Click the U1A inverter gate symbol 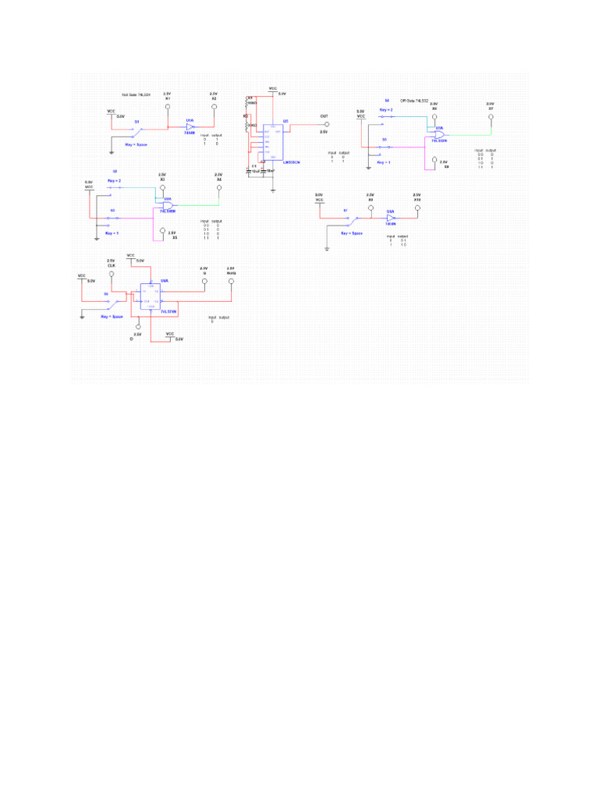190,126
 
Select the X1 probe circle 168,108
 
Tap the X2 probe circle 213,108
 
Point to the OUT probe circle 326,125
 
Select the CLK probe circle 112,275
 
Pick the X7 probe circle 491,118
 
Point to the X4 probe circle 219,187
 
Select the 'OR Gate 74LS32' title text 415,100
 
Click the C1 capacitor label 253,165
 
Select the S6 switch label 106,293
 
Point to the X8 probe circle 434,162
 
